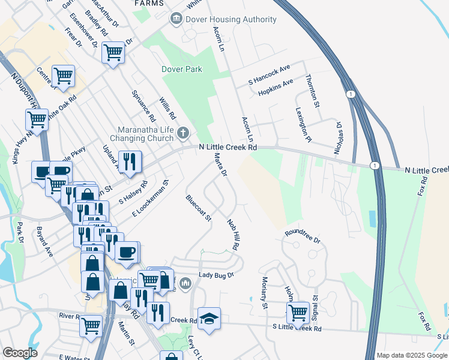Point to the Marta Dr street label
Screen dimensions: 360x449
click(220, 164)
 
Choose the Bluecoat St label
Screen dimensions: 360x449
click(199, 207)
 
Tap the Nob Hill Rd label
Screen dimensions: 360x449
click(233, 235)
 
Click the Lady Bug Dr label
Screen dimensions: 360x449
click(215, 275)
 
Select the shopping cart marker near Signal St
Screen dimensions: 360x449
click(298, 313)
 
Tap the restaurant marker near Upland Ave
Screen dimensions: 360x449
click(130, 161)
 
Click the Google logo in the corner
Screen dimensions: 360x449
click(20, 353)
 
